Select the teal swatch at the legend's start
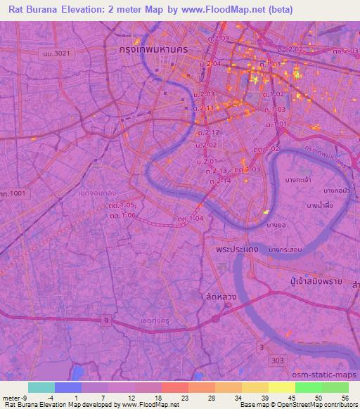41,387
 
